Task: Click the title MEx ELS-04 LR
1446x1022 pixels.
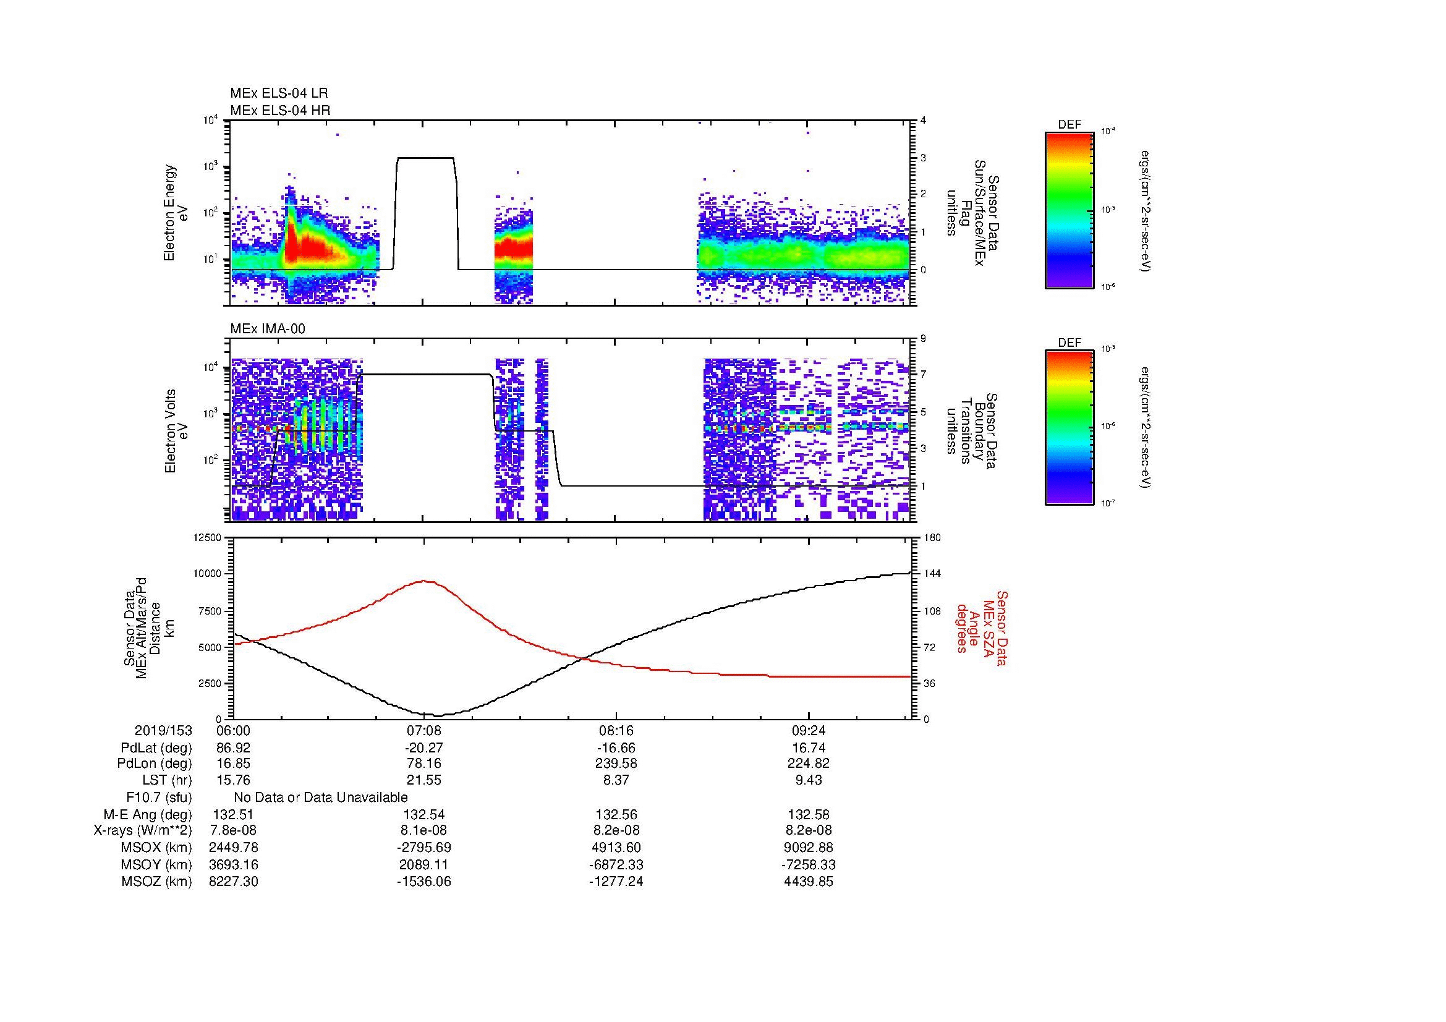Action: [278, 93]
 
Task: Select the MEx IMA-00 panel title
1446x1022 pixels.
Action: [268, 329]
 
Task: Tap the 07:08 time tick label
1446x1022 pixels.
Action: [424, 731]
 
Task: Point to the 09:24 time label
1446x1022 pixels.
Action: [809, 731]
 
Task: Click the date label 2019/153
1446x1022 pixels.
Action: [163, 731]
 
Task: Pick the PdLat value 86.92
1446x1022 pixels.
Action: [233, 748]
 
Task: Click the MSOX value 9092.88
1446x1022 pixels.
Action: [809, 848]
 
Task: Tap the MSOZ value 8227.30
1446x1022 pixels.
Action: [233, 882]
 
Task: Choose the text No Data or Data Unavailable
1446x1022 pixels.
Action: [321, 798]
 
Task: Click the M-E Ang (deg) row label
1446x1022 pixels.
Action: [156, 815]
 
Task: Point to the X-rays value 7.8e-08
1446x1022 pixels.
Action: [233, 831]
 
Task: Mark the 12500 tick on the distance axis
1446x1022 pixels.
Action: [208, 537]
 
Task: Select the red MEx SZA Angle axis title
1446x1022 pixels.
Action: [981, 628]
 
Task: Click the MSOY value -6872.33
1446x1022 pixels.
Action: [616, 865]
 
